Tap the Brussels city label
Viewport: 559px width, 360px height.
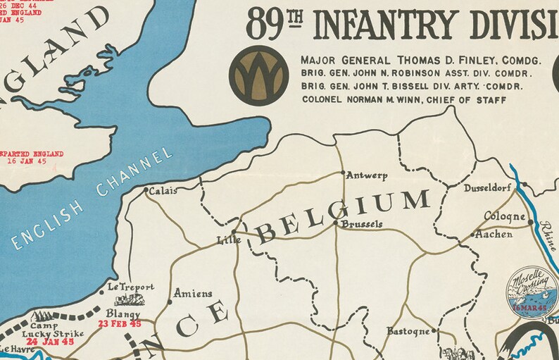pos(361,224)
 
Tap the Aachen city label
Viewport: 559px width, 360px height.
pos(494,235)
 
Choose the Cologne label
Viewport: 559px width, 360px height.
pos(505,216)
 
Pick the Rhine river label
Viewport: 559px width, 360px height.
pos(546,232)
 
